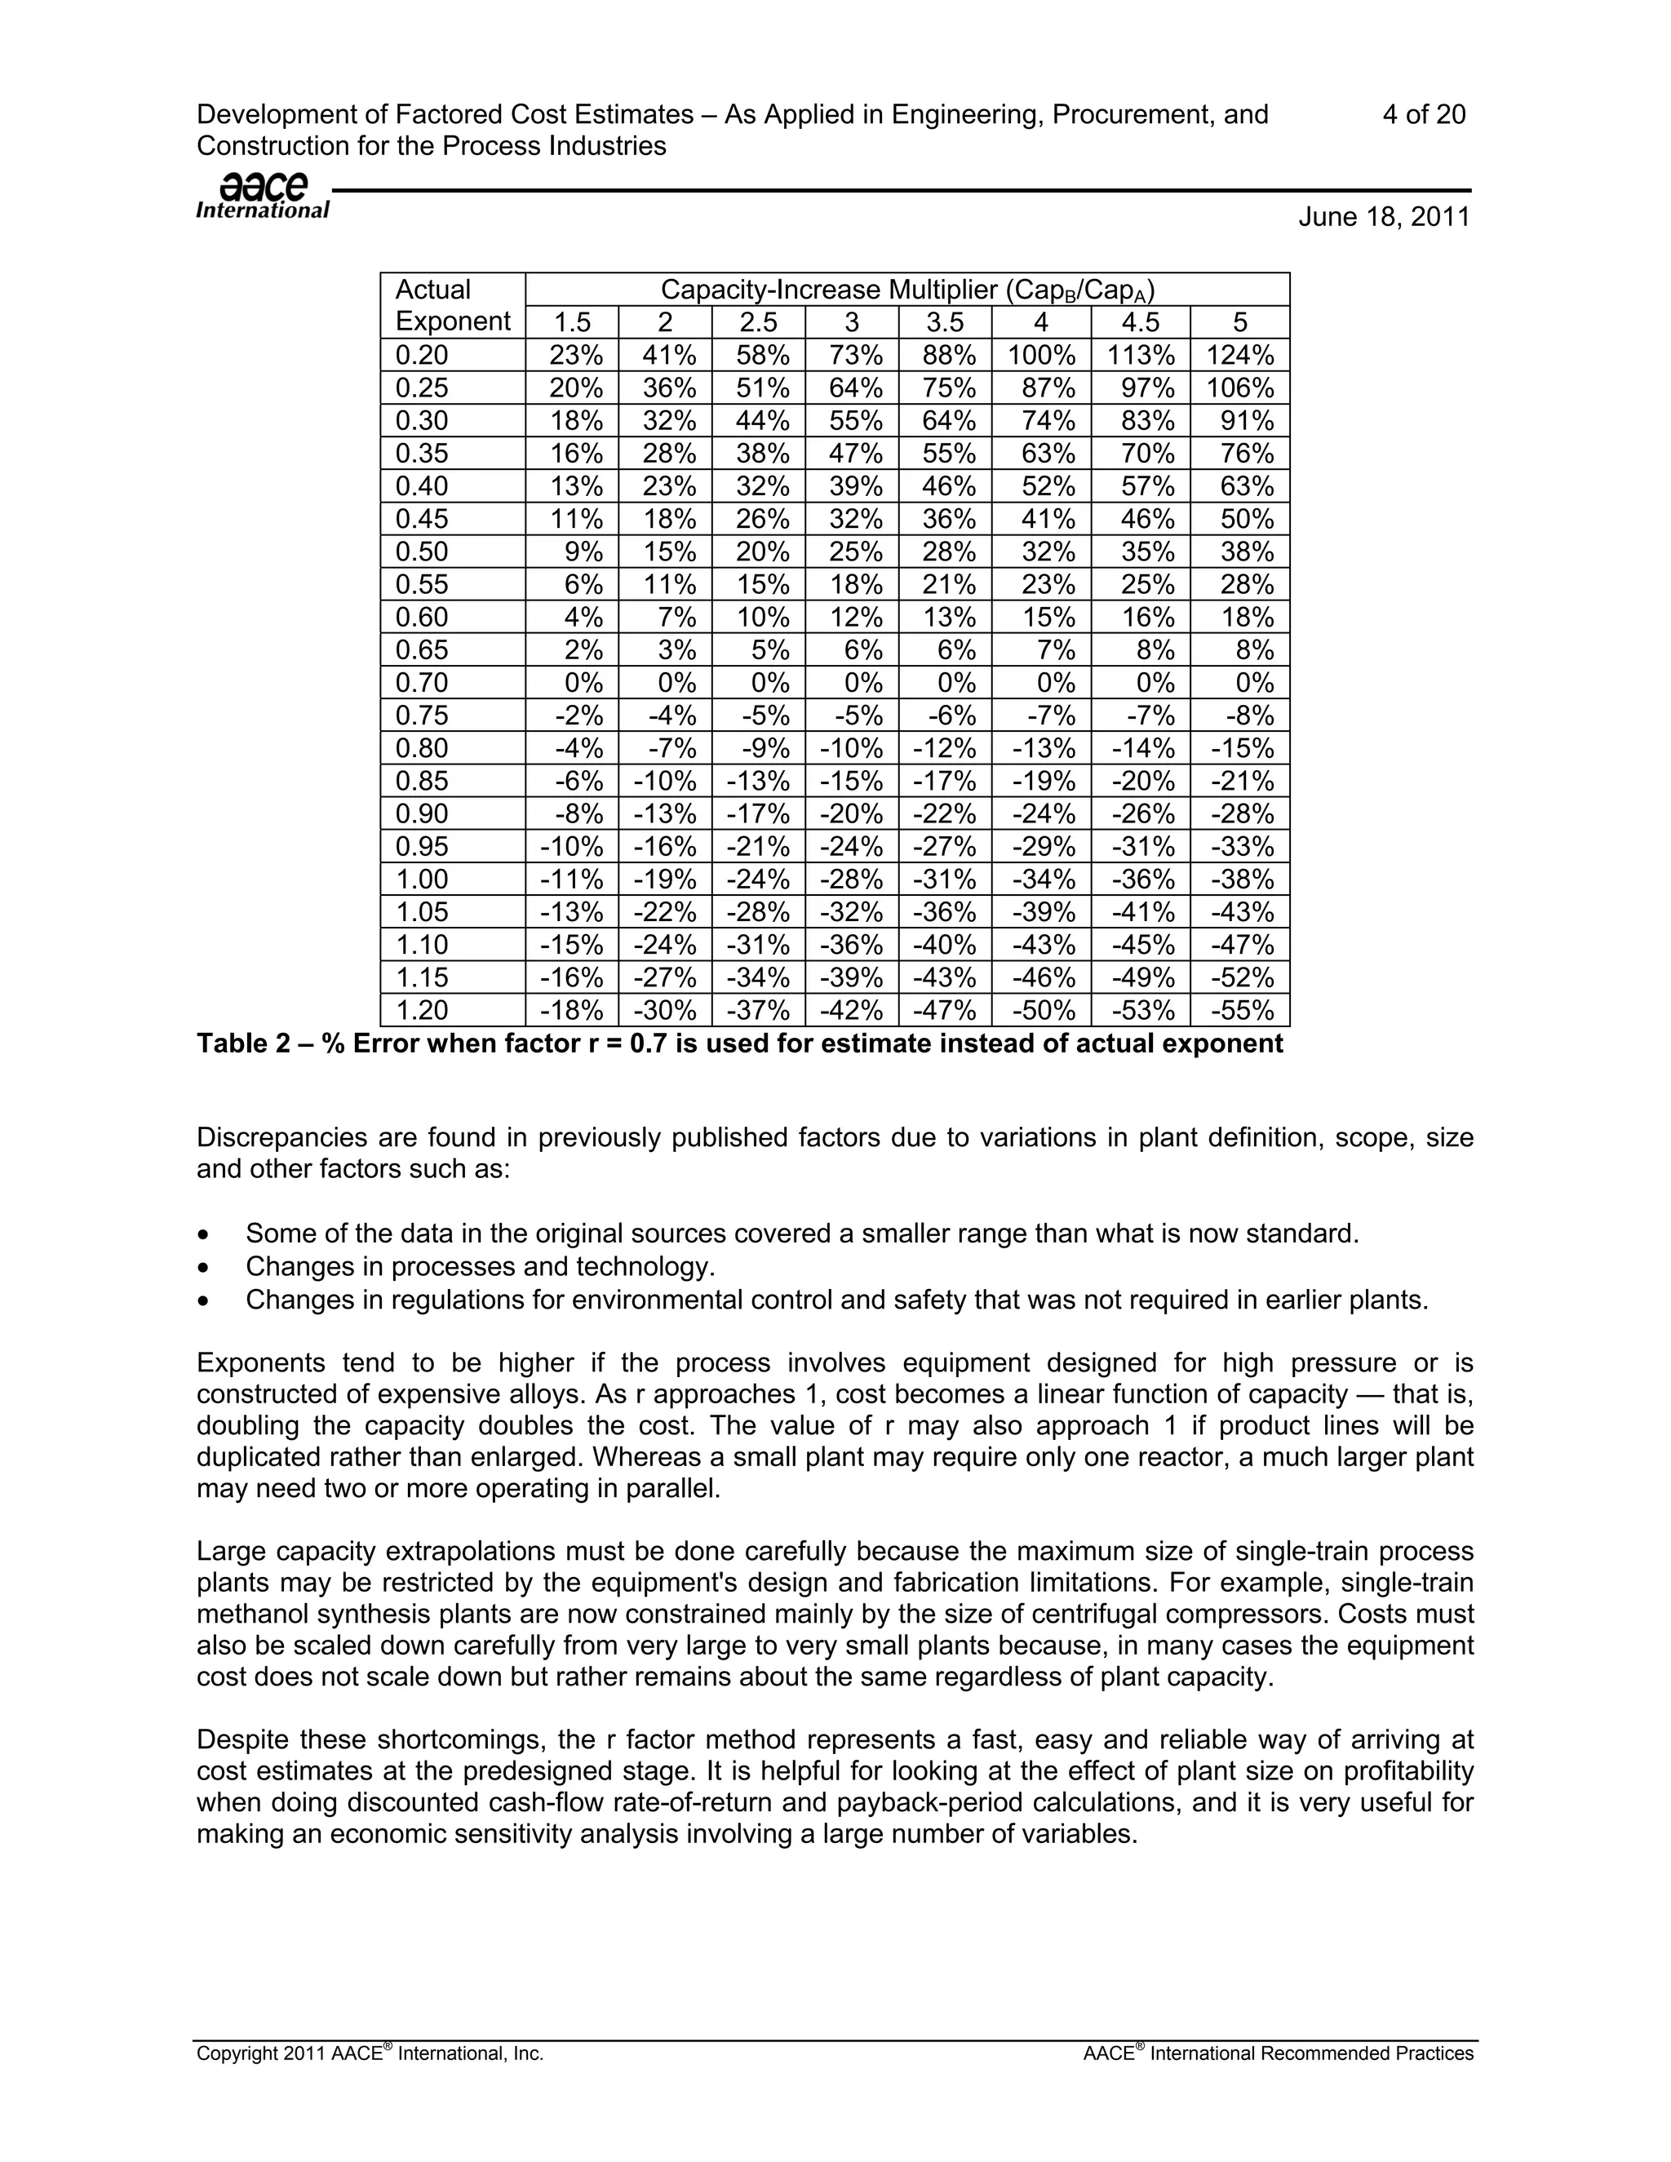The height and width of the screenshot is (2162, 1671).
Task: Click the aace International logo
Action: [263, 196]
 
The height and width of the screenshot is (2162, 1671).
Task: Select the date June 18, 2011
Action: [1384, 217]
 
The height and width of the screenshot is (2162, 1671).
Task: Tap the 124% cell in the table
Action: [1239, 354]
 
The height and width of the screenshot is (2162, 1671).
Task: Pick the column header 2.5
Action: [757, 321]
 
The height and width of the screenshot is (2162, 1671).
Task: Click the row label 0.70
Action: [422, 682]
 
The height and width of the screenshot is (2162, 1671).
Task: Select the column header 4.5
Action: [1141, 321]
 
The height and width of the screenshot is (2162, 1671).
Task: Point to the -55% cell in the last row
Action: [1241, 1010]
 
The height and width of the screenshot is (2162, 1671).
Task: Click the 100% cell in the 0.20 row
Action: [1041, 354]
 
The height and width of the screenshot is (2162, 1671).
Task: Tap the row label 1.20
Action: [422, 1010]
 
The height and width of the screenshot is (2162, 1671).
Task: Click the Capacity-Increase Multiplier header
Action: [906, 290]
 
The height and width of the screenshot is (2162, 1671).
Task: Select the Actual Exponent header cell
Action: [451, 305]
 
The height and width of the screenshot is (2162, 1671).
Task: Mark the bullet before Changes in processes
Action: [204, 1268]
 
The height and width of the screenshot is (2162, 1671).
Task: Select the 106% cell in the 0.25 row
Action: [1239, 387]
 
